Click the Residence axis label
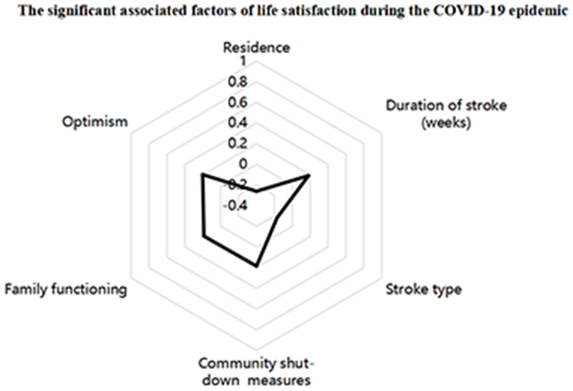tap(256, 47)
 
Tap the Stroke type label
tap(423, 289)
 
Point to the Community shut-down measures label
tap(256, 372)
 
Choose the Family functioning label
tap(65, 289)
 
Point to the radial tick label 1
tap(243, 61)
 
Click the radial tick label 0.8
tap(237, 81)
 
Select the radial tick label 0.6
tap(237, 102)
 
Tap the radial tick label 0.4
tap(237, 123)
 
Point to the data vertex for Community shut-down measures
tap(256, 266)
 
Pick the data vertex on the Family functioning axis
tap(203, 236)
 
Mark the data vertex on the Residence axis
tap(256, 191)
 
